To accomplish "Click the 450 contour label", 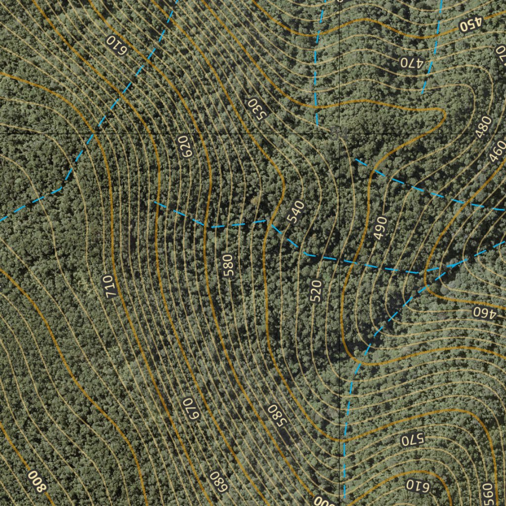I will [x=469, y=25].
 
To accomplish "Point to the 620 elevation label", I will [x=185, y=147].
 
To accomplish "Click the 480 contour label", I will [x=484, y=126].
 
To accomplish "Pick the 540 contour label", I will [x=295, y=212].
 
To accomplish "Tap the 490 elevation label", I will [x=380, y=228].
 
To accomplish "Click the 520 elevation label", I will [x=316, y=291].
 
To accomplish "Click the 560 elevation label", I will [x=487, y=493].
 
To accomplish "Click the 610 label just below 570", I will [x=419, y=485].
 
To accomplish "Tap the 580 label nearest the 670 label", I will [x=277, y=416].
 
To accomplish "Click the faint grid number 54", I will [x=337, y=131].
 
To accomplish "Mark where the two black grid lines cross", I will [x=340, y=134].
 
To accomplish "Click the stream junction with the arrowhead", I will [x=451, y=265].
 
